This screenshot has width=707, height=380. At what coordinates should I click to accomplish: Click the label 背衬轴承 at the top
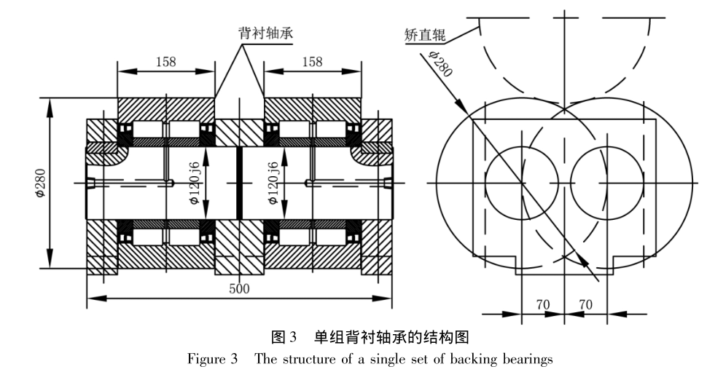(270, 33)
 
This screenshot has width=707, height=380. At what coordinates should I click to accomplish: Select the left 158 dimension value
(166, 62)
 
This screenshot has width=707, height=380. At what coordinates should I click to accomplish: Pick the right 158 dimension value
(312, 62)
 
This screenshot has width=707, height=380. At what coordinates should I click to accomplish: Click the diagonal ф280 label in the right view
(441, 63)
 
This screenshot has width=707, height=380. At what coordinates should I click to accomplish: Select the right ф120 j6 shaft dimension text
(271, 181)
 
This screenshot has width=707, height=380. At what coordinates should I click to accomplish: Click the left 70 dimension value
(543, 304)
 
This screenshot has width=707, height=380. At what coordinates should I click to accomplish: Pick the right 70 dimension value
(585, 304)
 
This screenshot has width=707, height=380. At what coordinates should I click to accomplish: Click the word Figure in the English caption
(206, 359)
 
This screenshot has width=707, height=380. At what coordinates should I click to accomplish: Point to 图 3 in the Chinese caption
(284, 339)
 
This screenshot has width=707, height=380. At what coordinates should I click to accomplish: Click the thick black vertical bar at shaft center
(239, 182)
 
